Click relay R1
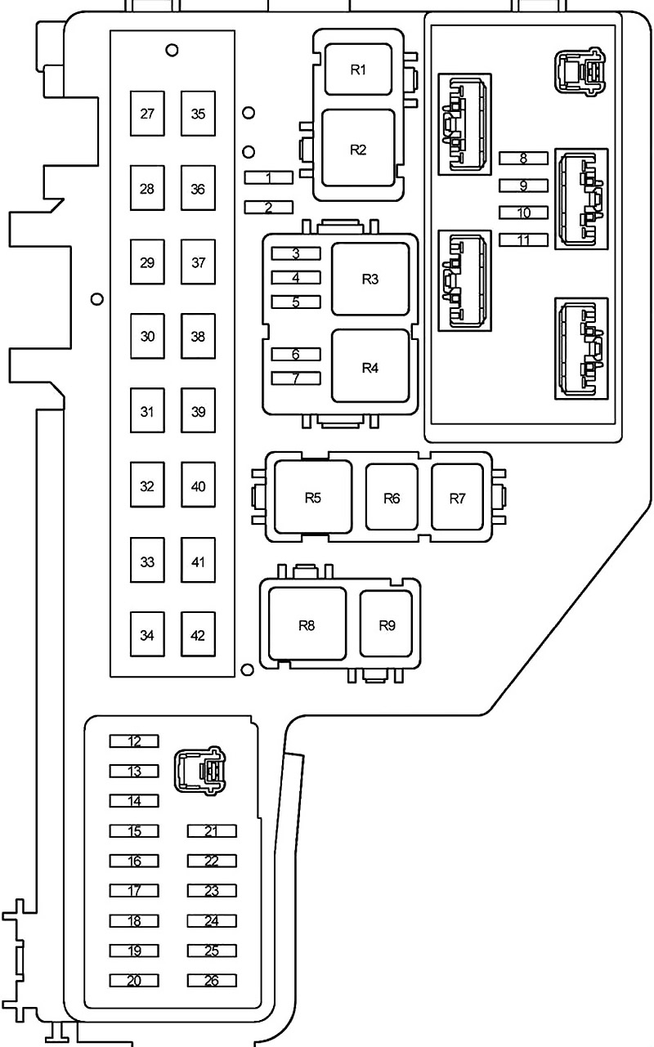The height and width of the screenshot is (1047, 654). click(358, 69)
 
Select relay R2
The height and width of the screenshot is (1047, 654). click(358, 149)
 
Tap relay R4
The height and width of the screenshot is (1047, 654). click(370, 366)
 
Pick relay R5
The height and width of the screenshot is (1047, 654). click(313, 497)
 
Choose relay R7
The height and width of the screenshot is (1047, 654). click(457, 497)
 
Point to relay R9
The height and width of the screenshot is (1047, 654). click(387, 624)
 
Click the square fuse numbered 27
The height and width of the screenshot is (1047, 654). click(147, 114)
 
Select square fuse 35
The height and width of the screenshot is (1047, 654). click(198, 114)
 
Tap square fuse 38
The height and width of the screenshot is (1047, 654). click(198, 336)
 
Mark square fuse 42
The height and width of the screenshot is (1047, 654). click(198, 634)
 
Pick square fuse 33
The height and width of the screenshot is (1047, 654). click(147, 560)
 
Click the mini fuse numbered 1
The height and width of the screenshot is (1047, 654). click(269, 177)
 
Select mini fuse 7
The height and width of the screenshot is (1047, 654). click(296, 378)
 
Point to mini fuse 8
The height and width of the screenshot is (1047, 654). click(523, 158)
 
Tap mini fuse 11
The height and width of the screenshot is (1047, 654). click(523, 239)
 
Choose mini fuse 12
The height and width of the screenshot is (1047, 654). click(134, 741)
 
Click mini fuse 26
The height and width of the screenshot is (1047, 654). click(212, 981)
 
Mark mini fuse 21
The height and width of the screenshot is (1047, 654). click(212, 831)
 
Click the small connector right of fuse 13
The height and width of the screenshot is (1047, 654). click(199, 771)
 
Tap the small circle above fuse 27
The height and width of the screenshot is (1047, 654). click(172, 50)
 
